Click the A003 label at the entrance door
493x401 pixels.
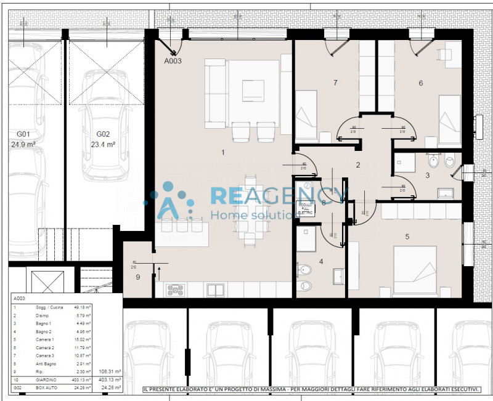pyautogui.click(x=173, y=61)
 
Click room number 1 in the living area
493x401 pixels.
pyautogui.click(x=223, y=151)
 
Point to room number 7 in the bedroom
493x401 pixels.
pyautogui.click(x=335, y=83)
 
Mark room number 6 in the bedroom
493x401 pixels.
pyautogui.click(x=421, y=83)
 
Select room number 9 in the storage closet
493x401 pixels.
pyautogui.click(x=137, y=277)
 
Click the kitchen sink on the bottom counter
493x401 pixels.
pyautogui.click(x=215, y=290)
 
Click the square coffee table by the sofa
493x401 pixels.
pyautogui.click(x=253, y=91)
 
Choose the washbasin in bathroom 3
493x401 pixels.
pyautogui.click(x=445, y=193)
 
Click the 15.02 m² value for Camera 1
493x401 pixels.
pyautogui.click(x=83, y=339)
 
